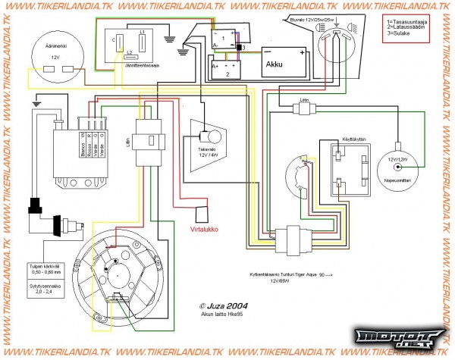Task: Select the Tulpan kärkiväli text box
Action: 43,267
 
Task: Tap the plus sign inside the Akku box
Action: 301,52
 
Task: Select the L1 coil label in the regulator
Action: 143,33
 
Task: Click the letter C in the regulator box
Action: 114,37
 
